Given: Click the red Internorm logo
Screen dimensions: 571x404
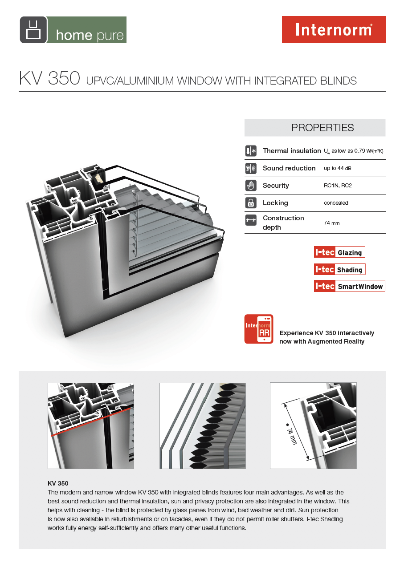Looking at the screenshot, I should pos(334,29).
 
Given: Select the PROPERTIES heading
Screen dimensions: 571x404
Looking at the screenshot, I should pos(322,128).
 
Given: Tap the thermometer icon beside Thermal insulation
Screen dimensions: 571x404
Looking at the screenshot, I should pos(251,151).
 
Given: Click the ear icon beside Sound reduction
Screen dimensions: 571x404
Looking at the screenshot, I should pos(251,168).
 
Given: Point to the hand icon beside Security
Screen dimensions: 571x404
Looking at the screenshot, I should pos(251,186).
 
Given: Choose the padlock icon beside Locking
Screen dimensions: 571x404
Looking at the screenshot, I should pos(251,203).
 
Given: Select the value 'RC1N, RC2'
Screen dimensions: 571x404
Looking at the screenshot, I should pos(338,186).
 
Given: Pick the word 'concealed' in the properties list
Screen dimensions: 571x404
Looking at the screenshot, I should pos(336,203).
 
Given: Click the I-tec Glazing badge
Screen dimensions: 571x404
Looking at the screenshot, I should pos(339,252).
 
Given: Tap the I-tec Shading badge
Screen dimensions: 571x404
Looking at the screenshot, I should pos(339,269).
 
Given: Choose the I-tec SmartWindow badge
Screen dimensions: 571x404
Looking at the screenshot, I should pos(349,286).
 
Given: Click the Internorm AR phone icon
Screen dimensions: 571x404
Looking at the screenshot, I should pos(259,329).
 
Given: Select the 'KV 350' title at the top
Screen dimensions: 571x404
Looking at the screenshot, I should pos(49,79).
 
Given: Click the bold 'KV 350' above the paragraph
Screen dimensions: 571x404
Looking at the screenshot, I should pos(58,483).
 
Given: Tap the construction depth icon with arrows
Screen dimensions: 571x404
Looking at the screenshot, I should pos(251,220).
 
